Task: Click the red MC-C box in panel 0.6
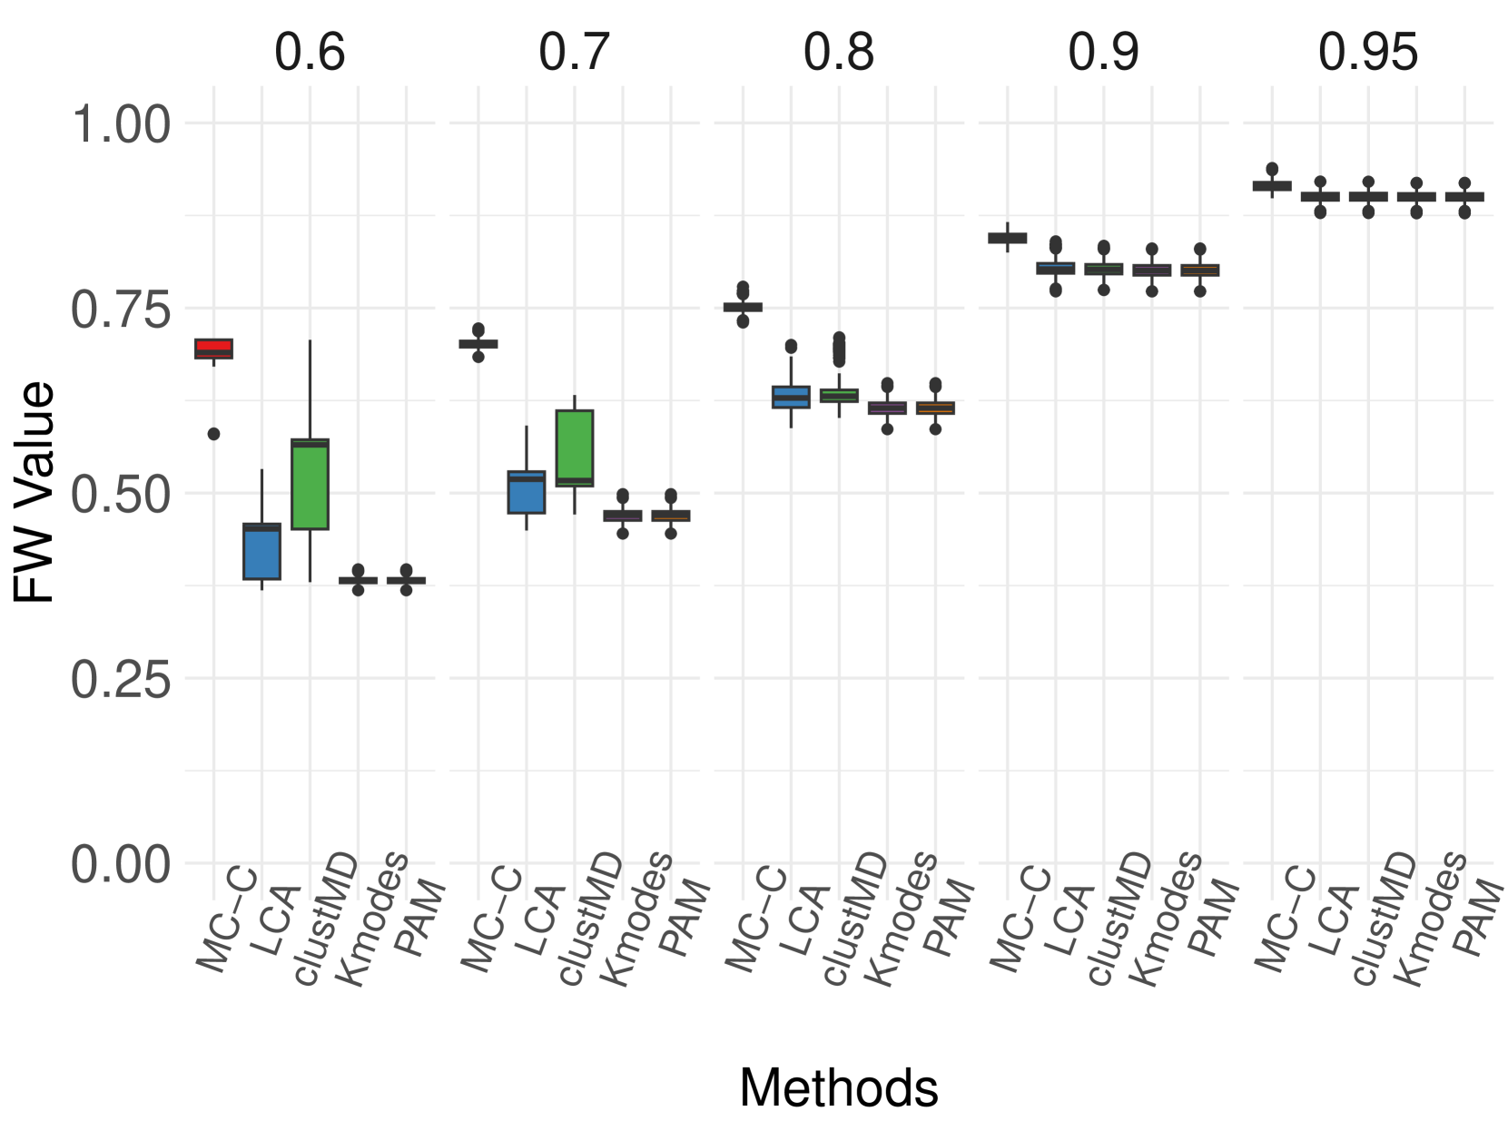coord(214,349)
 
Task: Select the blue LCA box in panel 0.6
coord(262,551)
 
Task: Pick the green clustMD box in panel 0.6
coord(310,483)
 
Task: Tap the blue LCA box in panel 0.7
coord(527,492)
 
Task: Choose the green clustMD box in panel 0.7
coord(575,448)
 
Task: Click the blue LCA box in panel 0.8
coord(791,397)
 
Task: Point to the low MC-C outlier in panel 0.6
coord(214,434)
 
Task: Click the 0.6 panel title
coord(310,52)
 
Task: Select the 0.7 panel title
coord(575,52)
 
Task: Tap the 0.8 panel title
coord(839,52)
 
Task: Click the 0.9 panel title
coord(1103,52)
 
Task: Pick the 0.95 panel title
coord(1367,52)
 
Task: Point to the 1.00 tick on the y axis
coord(121,124)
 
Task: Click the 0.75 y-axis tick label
coord(121,310)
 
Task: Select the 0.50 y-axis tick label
coord(121,495)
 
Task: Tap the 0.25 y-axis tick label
coord(121,679)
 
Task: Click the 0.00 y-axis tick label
coord(121,864)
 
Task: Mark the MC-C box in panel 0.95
coord(1272,185)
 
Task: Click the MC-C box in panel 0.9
coord(1008,238)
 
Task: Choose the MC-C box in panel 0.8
coord(744,307)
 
